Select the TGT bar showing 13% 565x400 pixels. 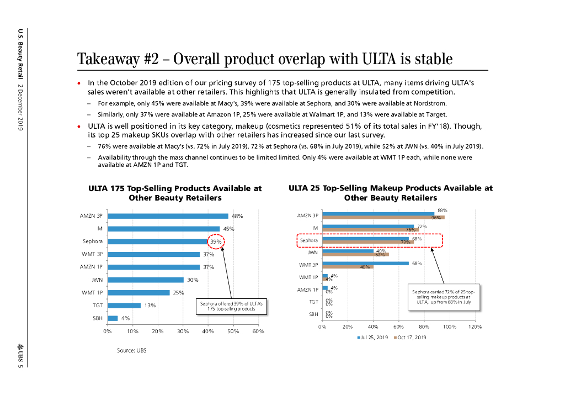(124, 305)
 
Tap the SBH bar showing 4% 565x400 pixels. (113, 318)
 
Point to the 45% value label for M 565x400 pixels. (229, 229)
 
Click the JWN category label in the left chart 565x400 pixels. (97, 280)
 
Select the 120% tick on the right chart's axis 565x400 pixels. (475, 327)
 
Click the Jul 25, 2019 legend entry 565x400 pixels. (374, 337)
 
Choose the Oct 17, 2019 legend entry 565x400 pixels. (410, 337)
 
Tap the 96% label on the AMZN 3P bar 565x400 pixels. (435, 218)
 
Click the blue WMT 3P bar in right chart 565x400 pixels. (366, 263)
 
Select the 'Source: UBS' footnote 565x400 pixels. (132, 350)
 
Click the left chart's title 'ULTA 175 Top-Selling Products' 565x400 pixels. (175, 193)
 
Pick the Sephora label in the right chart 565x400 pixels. (309, 241)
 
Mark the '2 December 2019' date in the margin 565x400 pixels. (20, 107)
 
